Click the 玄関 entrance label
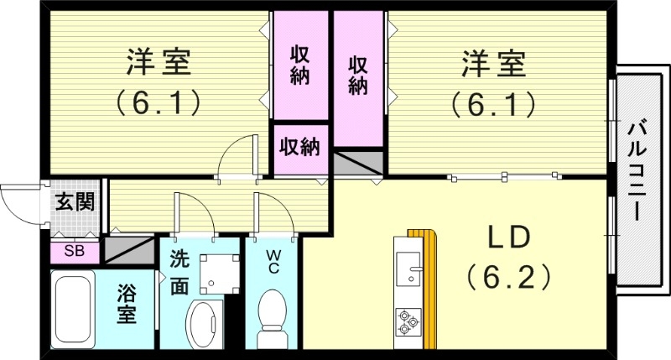75,201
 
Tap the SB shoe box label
74,250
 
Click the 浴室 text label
126,306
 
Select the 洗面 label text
179,272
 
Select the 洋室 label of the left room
159,63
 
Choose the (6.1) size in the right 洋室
492,103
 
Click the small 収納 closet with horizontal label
299,148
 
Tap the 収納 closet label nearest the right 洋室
358,76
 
